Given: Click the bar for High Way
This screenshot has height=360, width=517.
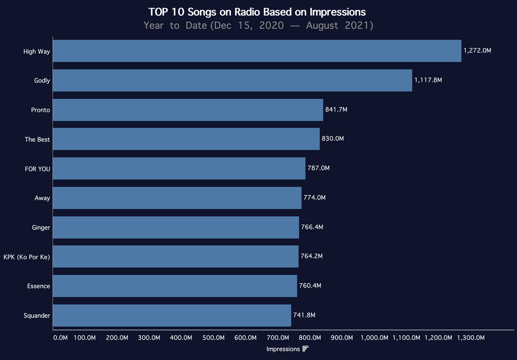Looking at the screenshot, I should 257,51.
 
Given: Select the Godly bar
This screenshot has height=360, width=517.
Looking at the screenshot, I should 232,80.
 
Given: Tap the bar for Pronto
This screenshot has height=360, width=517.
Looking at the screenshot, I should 188,110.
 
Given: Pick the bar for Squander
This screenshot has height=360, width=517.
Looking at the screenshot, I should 172,315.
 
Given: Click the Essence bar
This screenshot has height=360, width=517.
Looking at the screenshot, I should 175,286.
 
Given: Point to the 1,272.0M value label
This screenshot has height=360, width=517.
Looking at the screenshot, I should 477,51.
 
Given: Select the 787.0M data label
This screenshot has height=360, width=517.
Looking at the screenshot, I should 319,168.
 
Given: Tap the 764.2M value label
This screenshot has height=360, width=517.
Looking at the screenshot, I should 312,256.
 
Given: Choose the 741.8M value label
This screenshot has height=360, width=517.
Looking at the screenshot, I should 304,315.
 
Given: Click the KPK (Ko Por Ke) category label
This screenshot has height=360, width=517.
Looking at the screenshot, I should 27,256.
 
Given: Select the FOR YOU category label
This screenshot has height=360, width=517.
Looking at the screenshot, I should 37,169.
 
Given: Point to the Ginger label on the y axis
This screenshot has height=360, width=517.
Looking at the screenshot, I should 41,227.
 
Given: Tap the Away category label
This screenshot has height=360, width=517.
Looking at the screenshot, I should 42,198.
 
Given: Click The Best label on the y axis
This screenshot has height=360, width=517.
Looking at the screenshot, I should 37,139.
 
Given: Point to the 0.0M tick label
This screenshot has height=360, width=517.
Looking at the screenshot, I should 60,338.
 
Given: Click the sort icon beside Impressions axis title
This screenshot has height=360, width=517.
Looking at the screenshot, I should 305,349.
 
